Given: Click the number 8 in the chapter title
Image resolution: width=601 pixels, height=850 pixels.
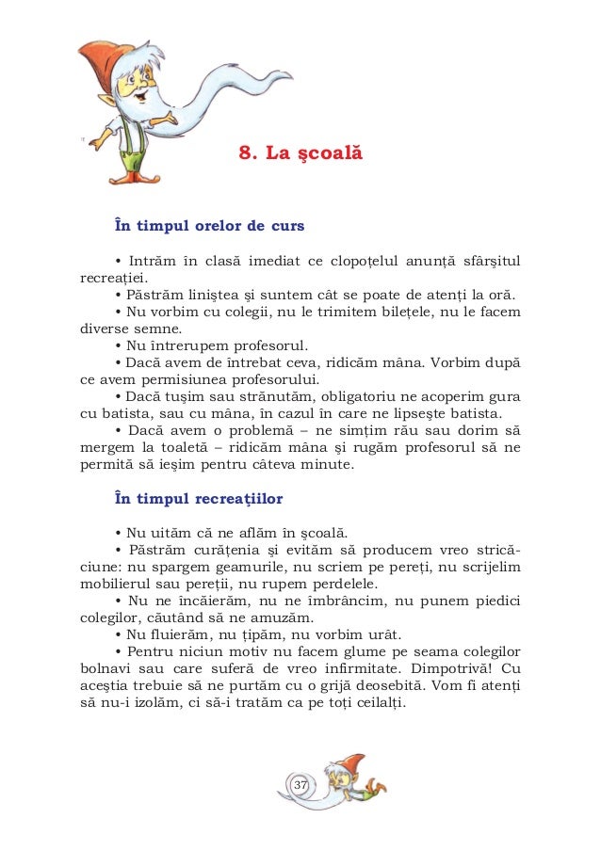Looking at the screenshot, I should (244, 152).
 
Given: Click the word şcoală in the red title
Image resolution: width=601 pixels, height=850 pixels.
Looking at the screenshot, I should (331, 152).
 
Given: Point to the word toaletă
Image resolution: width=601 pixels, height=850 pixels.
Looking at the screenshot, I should (190, 448).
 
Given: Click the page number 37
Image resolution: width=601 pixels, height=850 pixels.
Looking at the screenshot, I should (300, 785).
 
